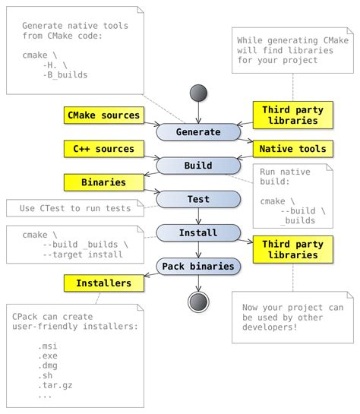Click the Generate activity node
(198, 131)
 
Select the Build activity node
(198, 165)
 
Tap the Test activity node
(198, 199)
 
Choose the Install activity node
(198, 232)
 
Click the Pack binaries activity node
(198, 266)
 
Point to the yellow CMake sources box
(104, 115)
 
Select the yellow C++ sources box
(104, 149)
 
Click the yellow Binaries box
(104, 182)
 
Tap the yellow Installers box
(104, 283)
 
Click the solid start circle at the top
(198, 93)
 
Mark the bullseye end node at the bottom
(198, 302)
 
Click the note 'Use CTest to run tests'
(74, 208)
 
